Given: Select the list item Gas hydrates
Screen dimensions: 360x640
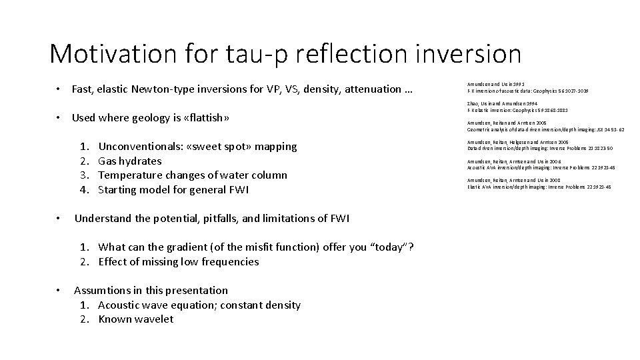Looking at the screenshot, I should click(x=129, y=161).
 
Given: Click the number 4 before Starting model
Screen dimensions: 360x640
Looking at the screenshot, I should click(x=84, y=190).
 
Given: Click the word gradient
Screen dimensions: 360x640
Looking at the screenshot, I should click(x=189, y=247).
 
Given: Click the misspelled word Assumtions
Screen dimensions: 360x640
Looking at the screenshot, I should click(x=101, y=291).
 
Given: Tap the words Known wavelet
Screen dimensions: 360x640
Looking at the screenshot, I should click(x=135, y=319).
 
